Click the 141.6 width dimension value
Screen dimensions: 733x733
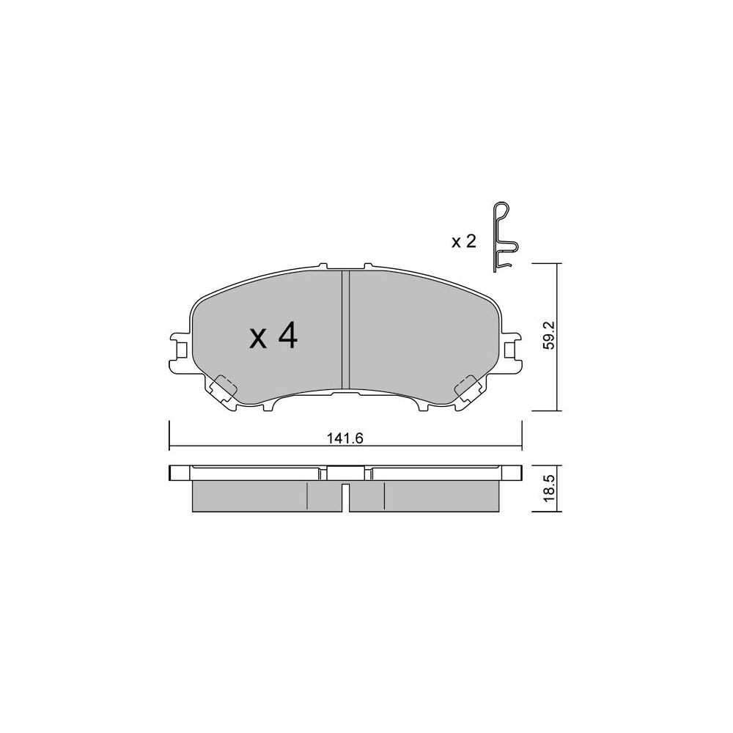click(x=345, y=438)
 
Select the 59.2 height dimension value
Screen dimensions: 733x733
click(x=550, y=335)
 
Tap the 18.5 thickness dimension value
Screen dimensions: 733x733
click(x=550, y=488)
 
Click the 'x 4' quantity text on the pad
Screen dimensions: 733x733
click(x=273, y=336)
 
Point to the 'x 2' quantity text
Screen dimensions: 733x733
click(x=463, y=242)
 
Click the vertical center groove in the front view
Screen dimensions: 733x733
click(x=345, y=330)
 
